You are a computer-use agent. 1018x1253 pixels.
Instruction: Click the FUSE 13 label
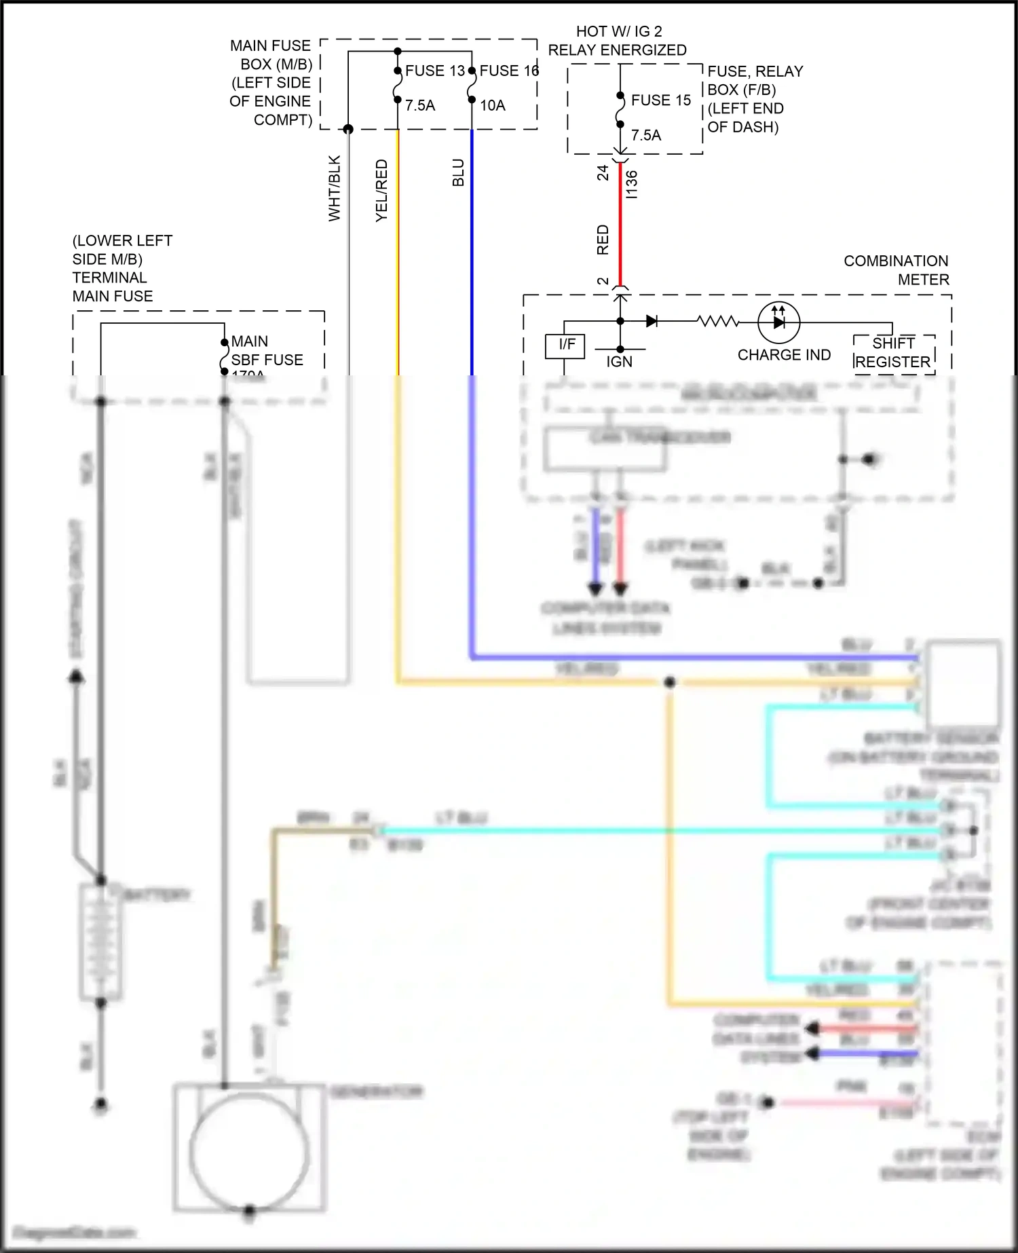[434, 71]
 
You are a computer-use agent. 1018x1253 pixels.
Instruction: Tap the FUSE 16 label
[508, 71]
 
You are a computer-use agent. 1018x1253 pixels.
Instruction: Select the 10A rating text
[493, 105]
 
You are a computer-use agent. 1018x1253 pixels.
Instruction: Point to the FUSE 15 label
[660, 100]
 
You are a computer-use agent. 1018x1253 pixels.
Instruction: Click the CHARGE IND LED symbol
[778, 322]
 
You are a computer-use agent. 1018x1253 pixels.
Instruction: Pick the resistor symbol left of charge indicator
[717, 321]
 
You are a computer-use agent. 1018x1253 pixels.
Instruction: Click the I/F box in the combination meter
[565, 345]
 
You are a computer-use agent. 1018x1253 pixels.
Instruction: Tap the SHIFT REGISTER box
[893, 353]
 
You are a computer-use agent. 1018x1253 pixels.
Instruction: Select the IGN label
[619, 362]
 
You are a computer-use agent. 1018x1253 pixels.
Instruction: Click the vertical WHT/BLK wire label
[334, 188]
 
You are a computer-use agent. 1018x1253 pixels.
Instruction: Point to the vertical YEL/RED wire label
[381, 190]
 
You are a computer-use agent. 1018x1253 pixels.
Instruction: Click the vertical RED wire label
[603, 240]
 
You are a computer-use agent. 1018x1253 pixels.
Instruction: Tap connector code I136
[632, 184]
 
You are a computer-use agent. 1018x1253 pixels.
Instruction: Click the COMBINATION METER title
[896, 270]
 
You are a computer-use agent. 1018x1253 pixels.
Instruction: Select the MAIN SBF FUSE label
[267, 350]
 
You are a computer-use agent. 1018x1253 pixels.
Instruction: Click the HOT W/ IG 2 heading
[618, 31]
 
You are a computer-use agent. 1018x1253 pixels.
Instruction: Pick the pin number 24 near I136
[603, 173]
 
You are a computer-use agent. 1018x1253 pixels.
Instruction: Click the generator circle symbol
[249, 1151]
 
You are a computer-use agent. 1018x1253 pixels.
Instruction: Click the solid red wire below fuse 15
[620, 224]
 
